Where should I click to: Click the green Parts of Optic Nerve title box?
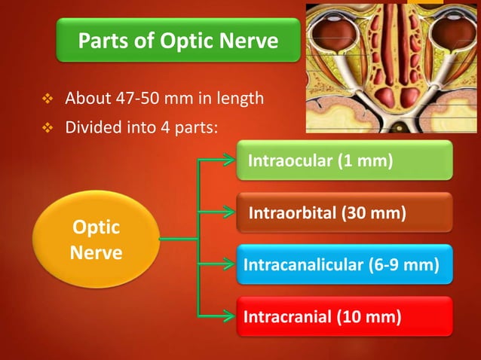[178, 41]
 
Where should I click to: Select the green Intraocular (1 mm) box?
[345, 160]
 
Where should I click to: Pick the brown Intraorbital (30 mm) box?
[345, 213]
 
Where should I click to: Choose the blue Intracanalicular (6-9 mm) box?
[345, 264]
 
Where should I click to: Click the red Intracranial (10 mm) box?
[345, 317]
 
